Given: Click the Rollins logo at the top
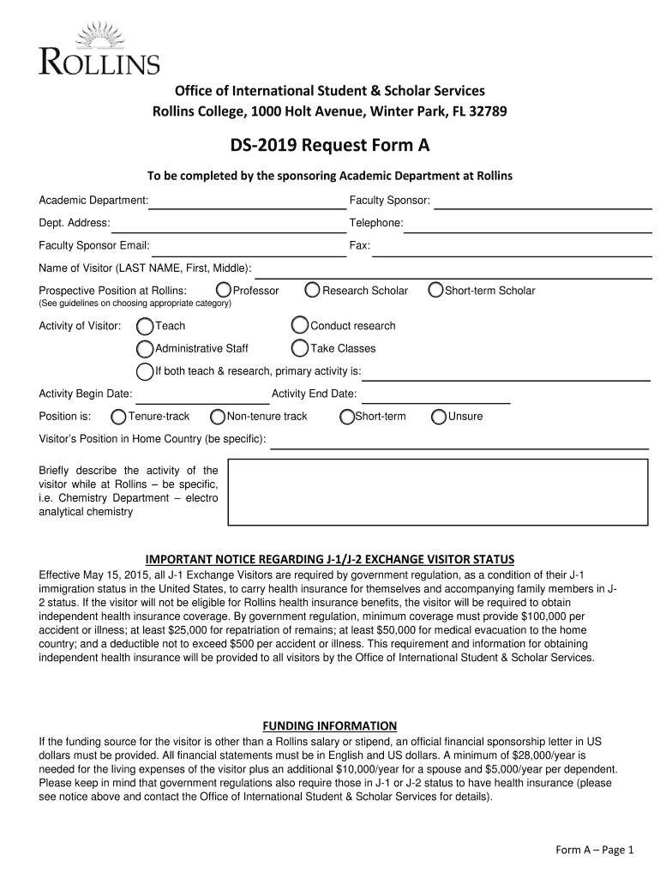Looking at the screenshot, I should (99, 50).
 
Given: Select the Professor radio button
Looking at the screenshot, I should (224, 291).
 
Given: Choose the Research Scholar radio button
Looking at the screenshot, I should (313, 291).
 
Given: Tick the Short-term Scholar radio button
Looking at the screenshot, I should (435, 291).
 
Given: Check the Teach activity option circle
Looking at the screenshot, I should (146, 326).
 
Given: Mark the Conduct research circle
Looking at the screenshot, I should (300, 326).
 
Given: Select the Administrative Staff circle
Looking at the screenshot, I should (146, 348).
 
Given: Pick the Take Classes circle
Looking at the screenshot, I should (300, 348).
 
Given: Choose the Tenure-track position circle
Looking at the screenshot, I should (119, 417).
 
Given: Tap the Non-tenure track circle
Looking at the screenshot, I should (218, 417).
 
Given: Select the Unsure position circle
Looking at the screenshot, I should (439, 417).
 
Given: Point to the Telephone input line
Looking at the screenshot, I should (527, 225).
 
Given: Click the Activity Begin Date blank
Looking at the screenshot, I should (203, 395).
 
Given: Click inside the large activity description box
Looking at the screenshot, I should (437, 492).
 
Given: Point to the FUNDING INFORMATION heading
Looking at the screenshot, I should (330, 725).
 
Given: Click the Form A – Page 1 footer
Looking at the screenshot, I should (594, 850).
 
